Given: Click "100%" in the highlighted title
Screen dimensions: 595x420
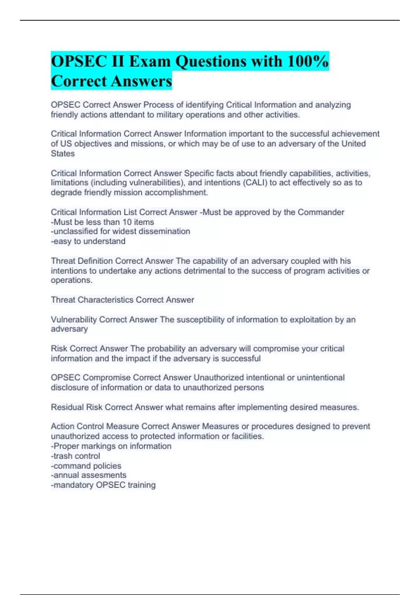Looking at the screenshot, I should point(307,61).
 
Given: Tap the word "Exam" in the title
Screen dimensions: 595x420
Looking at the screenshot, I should point(150,61).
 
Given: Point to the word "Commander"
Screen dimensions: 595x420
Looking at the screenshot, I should point(321,212).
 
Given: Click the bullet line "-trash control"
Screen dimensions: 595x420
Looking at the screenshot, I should point(76,456).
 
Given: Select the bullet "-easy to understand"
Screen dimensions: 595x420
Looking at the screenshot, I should point(88,241).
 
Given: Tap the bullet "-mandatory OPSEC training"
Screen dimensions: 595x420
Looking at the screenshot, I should point(103,485).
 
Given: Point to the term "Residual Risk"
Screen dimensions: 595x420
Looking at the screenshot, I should point(77,407).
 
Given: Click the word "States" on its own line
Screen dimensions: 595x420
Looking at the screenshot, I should point(63,154).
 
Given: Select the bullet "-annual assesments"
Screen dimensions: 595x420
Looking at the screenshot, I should point(89,475).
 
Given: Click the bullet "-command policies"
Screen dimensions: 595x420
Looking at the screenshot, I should point(86,466).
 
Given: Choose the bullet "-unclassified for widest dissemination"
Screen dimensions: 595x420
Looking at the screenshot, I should point(120,231).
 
